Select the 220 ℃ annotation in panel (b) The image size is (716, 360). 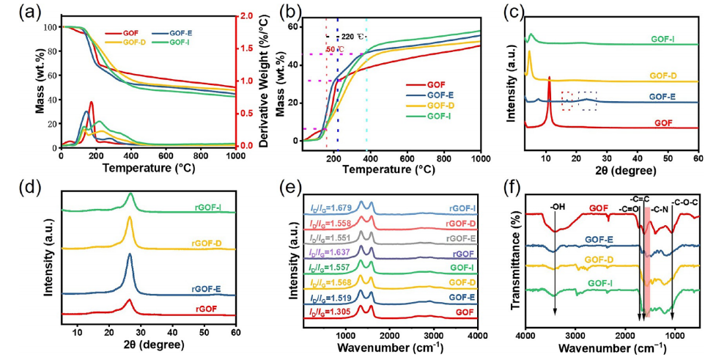click(353, 36)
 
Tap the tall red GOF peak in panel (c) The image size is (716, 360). click(549, 78)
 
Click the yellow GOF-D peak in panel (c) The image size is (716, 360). click(529, 53)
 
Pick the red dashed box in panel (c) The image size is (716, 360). click(568, 100)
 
